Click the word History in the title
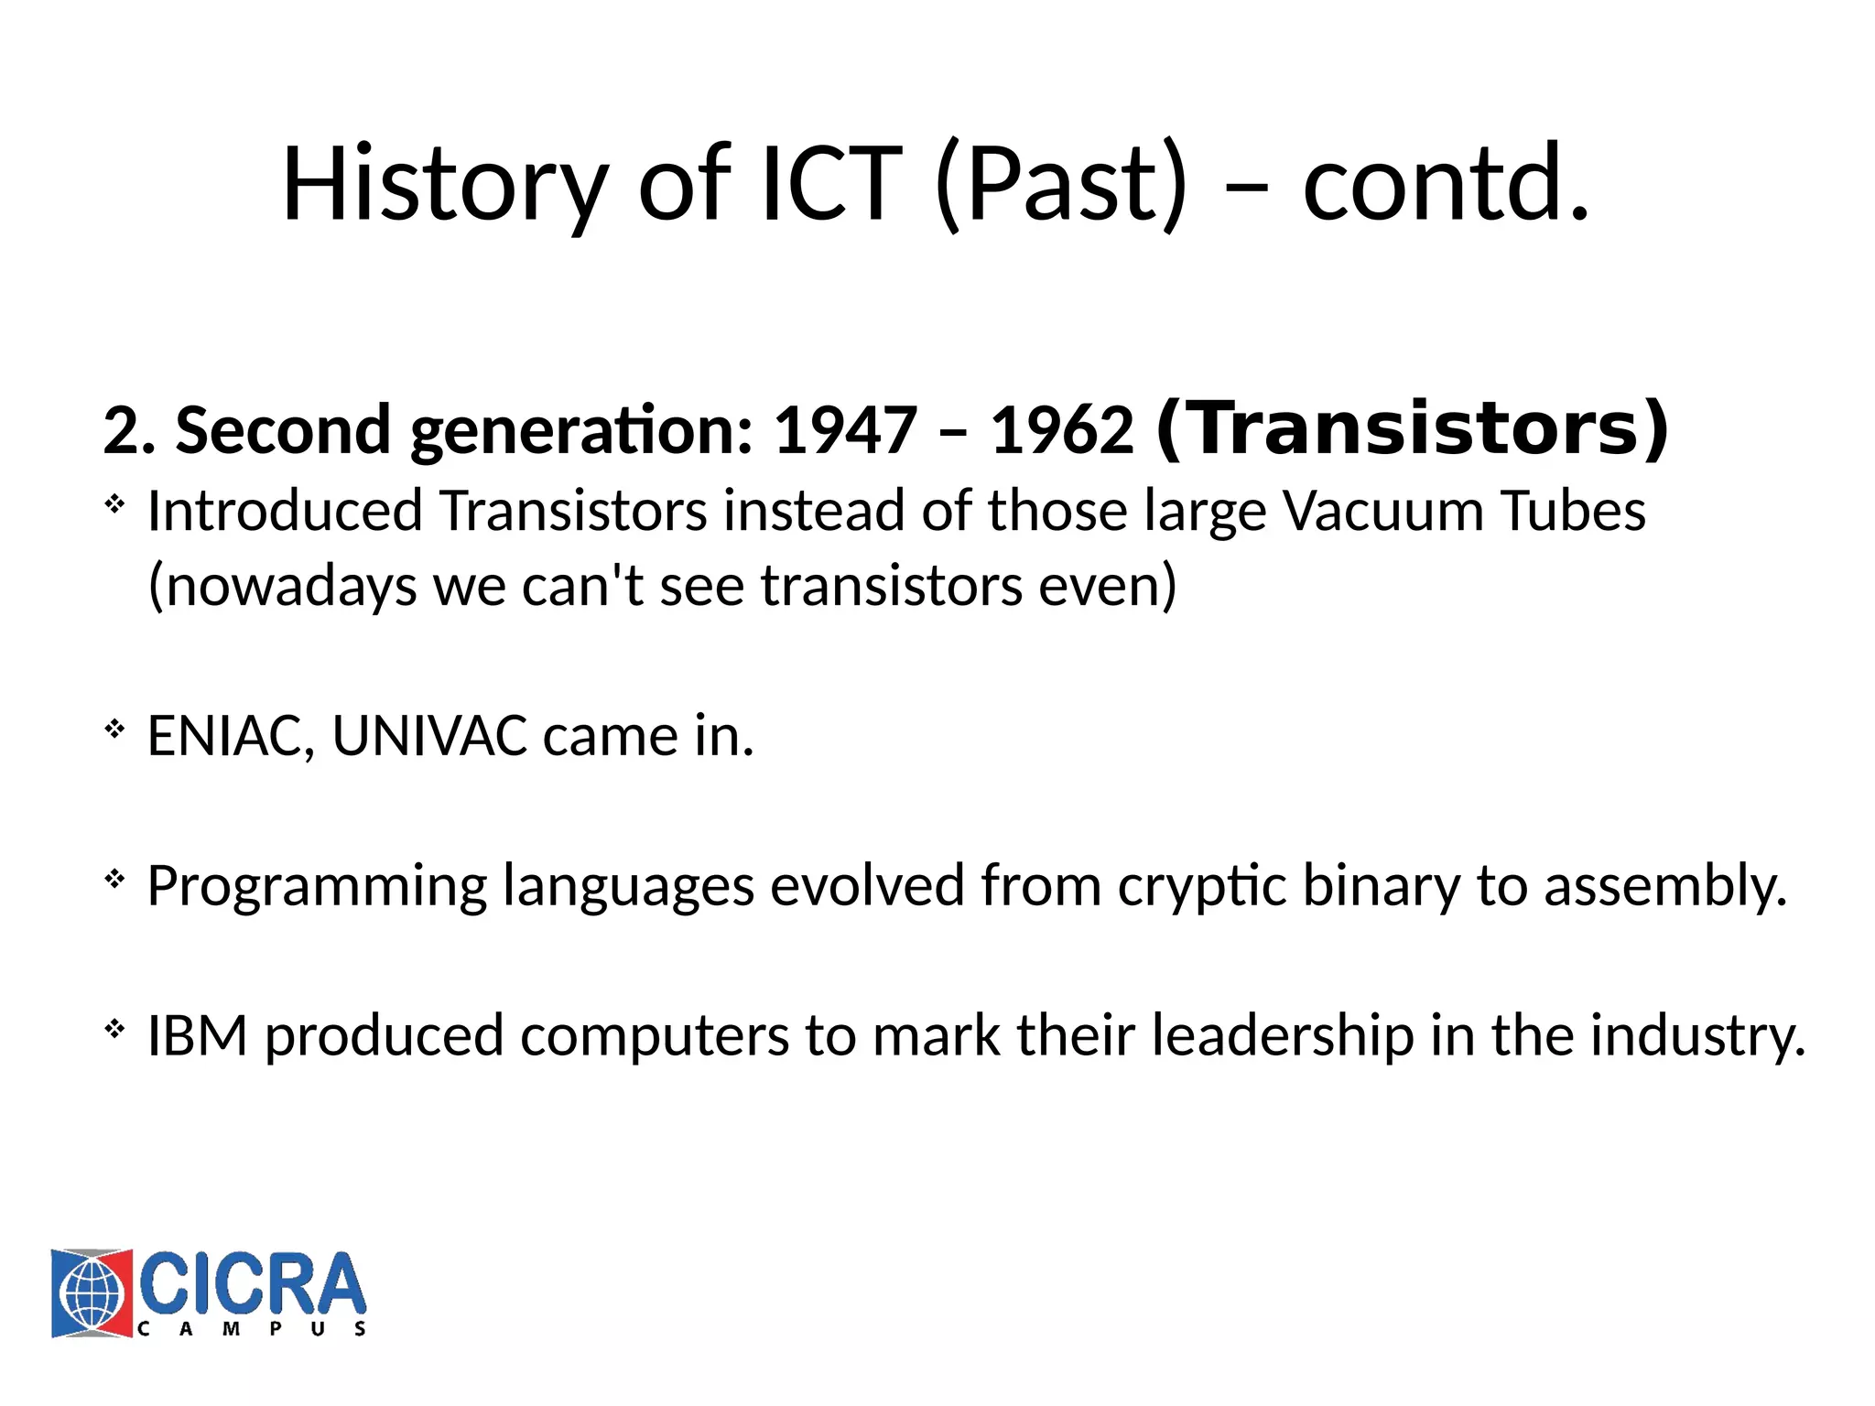(x=445, y=185)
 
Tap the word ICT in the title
(x=831, y=185)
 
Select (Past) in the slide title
(x=1061, y=185)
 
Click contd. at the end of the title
(x=1446, y=185)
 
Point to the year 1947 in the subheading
(x=845, y=430)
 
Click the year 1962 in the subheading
(x=1062, y=430)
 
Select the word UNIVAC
(x=429, y=736)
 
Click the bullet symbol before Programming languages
(x=114, y=881)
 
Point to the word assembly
(x=1664, y=886)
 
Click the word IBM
(x=198, y=1036)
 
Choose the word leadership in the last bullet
(x=1282, y=1036)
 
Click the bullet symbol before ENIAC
(x=114, y=730)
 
